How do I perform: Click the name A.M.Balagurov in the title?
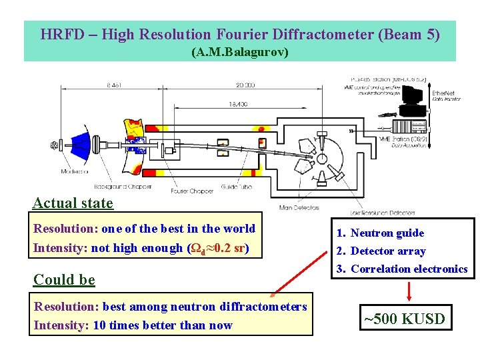tap(240, 51)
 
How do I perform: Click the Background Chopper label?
tap(123, 187)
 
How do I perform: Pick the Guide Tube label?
tap(236, 187)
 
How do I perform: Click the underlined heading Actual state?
tap(73, 203)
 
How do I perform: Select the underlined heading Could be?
tap(63, 279)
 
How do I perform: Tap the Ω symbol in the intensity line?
tap(197, 248)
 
